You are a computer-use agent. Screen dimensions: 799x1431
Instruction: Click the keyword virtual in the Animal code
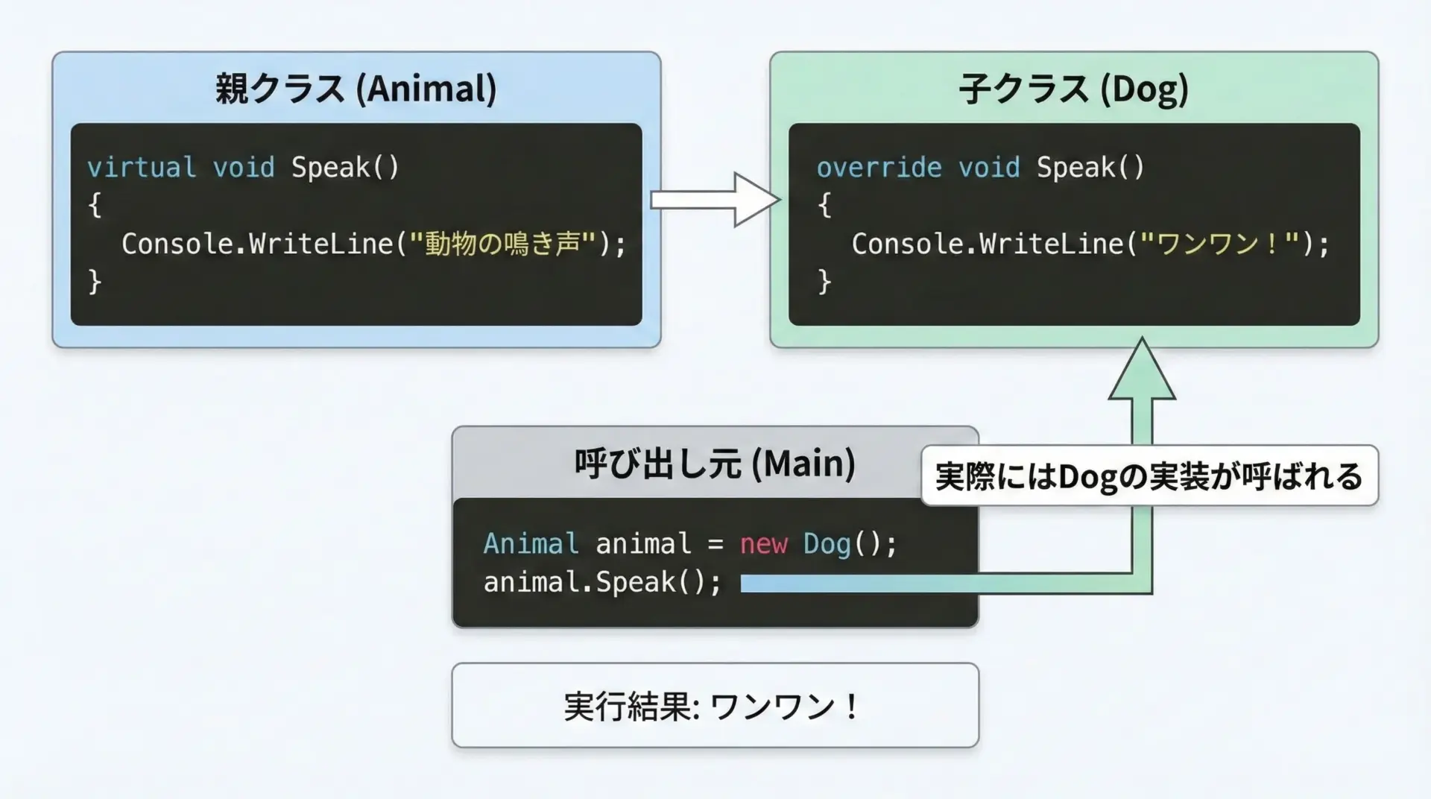pos(142,167)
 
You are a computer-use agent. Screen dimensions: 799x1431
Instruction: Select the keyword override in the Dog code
pos(879,167)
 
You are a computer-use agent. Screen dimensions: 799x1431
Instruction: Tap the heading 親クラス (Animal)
pos(356,89)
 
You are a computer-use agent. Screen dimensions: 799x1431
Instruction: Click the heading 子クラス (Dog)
pos(1073,89)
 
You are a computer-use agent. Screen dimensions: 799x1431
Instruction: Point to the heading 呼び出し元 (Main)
pos(714,463)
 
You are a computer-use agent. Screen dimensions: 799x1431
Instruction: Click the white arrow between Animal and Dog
pos(715,200)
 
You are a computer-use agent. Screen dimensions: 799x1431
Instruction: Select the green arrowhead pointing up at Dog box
pos(1142,371)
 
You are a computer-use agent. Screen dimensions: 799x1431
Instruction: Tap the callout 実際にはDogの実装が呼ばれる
pos(1149,476)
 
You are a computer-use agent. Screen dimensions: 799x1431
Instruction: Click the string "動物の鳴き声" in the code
pos(503,244)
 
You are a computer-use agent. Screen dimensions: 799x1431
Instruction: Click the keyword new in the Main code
pos(763,544)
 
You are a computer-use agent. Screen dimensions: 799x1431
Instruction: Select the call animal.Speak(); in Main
pos(602,582)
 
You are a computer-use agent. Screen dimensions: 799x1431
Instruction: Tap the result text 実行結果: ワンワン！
pos(714,706)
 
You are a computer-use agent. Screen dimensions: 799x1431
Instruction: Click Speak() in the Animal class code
pos(345,167)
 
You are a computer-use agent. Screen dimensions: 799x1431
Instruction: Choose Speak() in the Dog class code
pos(1090,167)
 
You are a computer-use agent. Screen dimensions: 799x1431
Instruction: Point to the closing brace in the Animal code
pos(95,282)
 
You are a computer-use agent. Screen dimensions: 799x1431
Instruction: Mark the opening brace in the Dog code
pos(824,205)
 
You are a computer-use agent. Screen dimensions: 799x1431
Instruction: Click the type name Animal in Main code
pos(531,544)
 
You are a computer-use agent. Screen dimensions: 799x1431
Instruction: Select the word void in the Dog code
pos(988,167)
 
